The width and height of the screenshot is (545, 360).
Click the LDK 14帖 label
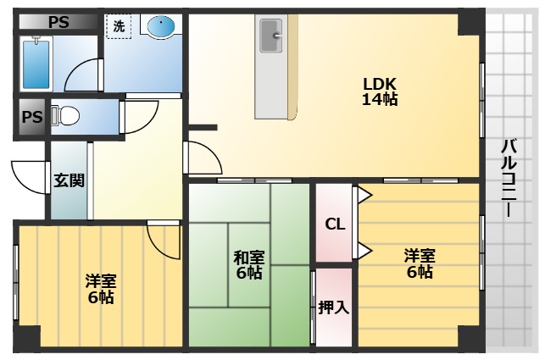(x=380, y=91)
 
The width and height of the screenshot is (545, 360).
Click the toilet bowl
(x=68, y=114)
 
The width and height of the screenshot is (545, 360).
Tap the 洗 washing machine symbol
(x=119, y=26)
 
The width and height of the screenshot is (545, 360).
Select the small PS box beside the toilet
(x=31, y=117)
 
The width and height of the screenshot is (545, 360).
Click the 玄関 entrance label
(x=70, y=180)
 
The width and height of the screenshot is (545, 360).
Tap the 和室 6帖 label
(x=248, y=265)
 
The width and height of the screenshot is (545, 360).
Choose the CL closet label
(x=335, y=224)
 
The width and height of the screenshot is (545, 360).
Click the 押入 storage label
(x=333, y=307)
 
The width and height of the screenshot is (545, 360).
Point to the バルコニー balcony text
(x=508, y=178)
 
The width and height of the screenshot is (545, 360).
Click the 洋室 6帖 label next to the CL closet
(x=419, y=263)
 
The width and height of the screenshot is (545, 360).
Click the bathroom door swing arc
(x=83, y=76)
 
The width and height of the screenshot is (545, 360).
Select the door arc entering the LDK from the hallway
(x=200, y=160)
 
